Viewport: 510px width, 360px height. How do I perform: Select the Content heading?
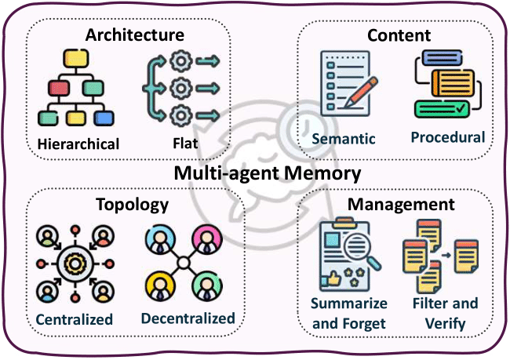coord(399,35)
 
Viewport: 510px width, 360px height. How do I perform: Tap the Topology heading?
coord(132,205)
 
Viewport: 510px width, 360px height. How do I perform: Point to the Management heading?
coord(402,205)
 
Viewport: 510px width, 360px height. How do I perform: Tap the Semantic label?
coord(344,139)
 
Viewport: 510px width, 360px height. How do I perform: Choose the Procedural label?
coord(447,136)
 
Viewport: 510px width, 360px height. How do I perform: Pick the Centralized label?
coord(74,319)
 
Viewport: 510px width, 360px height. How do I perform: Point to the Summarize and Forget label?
coord(349,313)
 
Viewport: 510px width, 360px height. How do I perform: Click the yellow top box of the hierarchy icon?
coord(75,58)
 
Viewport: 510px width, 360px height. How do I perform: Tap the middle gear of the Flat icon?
coord(181,85)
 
